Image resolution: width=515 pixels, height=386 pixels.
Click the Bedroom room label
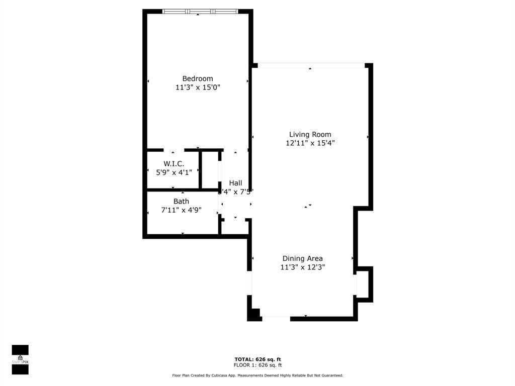[198, 78]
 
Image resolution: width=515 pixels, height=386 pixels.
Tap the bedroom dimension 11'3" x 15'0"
[198, 87]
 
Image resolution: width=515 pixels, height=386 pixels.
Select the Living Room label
[310, 134]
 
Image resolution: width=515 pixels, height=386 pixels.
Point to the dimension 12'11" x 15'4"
[310, 143]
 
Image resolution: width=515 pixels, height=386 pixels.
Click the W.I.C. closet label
[174, 164]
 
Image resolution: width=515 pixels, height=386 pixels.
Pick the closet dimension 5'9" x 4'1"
[174, 172]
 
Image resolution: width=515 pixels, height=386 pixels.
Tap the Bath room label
[182, 201]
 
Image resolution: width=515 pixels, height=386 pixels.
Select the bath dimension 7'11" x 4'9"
[182, 210]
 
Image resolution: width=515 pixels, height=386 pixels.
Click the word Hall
[235, 183]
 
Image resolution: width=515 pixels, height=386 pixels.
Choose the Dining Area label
[302, 258]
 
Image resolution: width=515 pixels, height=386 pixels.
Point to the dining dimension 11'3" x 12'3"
[302, 267]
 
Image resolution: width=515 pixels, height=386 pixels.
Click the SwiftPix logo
[20, 359]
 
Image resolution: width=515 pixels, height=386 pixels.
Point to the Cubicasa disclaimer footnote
[257, 375]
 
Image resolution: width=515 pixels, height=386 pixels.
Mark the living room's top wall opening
[311, 65]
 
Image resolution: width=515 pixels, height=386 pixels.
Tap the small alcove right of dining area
[364, 284]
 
